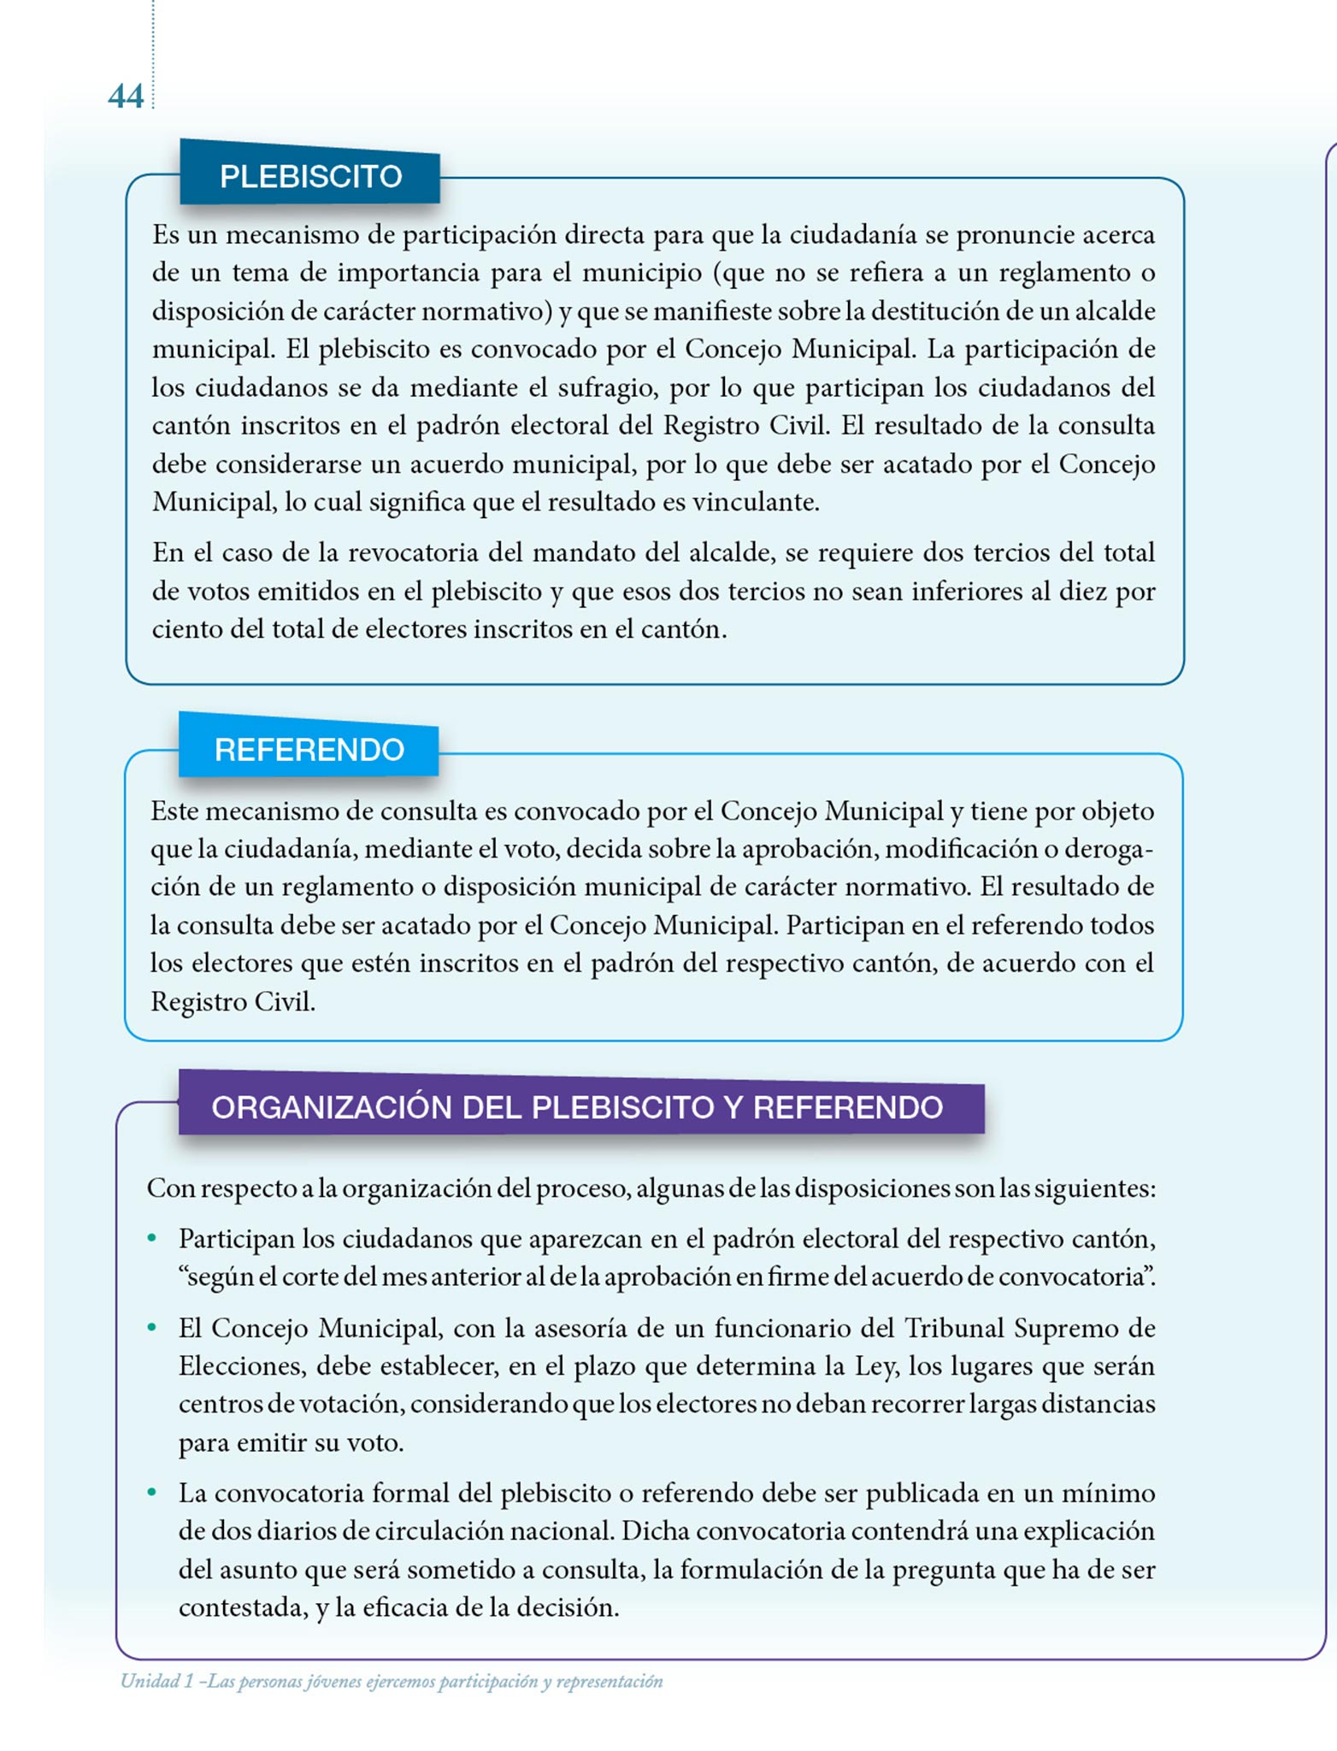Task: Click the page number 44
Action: pos(126,97)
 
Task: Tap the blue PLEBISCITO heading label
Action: pos(310,176)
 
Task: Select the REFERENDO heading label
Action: pos(309,750)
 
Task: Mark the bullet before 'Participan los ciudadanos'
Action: pos(152,1238)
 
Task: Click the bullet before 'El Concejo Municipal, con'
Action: pos(152,1328)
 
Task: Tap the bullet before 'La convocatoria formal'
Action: pos(152,1493)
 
